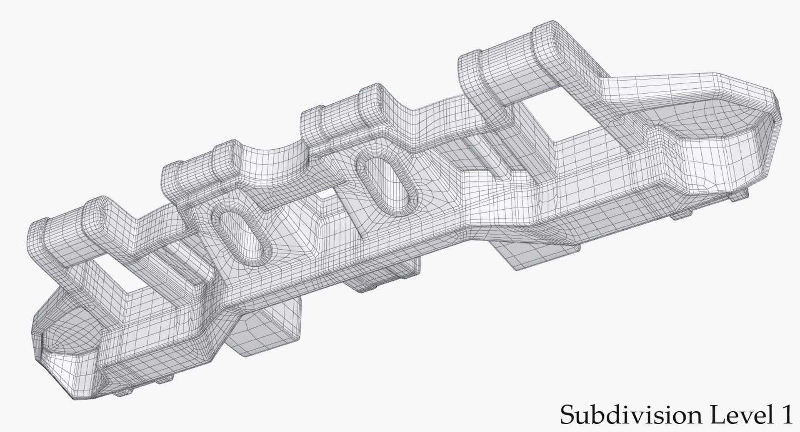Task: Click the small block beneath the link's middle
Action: pos(383,275)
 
